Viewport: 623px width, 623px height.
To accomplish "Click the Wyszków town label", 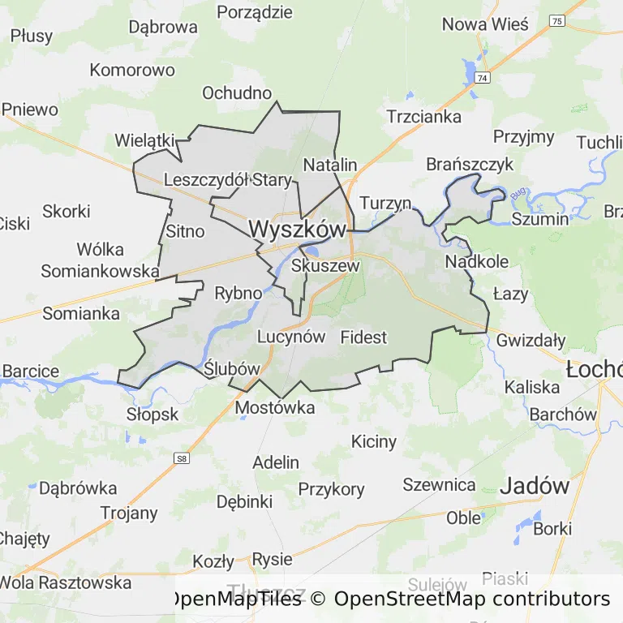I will [298, 230].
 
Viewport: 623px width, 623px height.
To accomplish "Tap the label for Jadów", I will [535, 486].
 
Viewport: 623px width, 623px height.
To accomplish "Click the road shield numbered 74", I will [483, 78].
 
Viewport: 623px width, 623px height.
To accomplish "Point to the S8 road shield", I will [183, 459].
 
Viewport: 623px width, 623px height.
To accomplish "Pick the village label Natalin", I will [330, 165].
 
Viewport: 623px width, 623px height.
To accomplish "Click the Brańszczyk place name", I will [470, 165].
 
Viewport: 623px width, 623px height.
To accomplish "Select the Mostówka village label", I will [275, 408].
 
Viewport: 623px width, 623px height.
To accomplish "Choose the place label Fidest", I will [364, 337].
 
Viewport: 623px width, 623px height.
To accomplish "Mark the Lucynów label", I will [290, 337].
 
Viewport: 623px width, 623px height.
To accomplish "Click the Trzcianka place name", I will [424, 116].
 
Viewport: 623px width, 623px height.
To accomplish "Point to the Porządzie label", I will [255, 11].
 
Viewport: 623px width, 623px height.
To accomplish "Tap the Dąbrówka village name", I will [78, 488].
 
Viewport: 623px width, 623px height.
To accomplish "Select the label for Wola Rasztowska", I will [65, 582].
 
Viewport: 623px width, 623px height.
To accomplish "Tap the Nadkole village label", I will [477, 261].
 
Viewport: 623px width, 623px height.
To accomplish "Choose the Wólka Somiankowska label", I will [100, 260].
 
